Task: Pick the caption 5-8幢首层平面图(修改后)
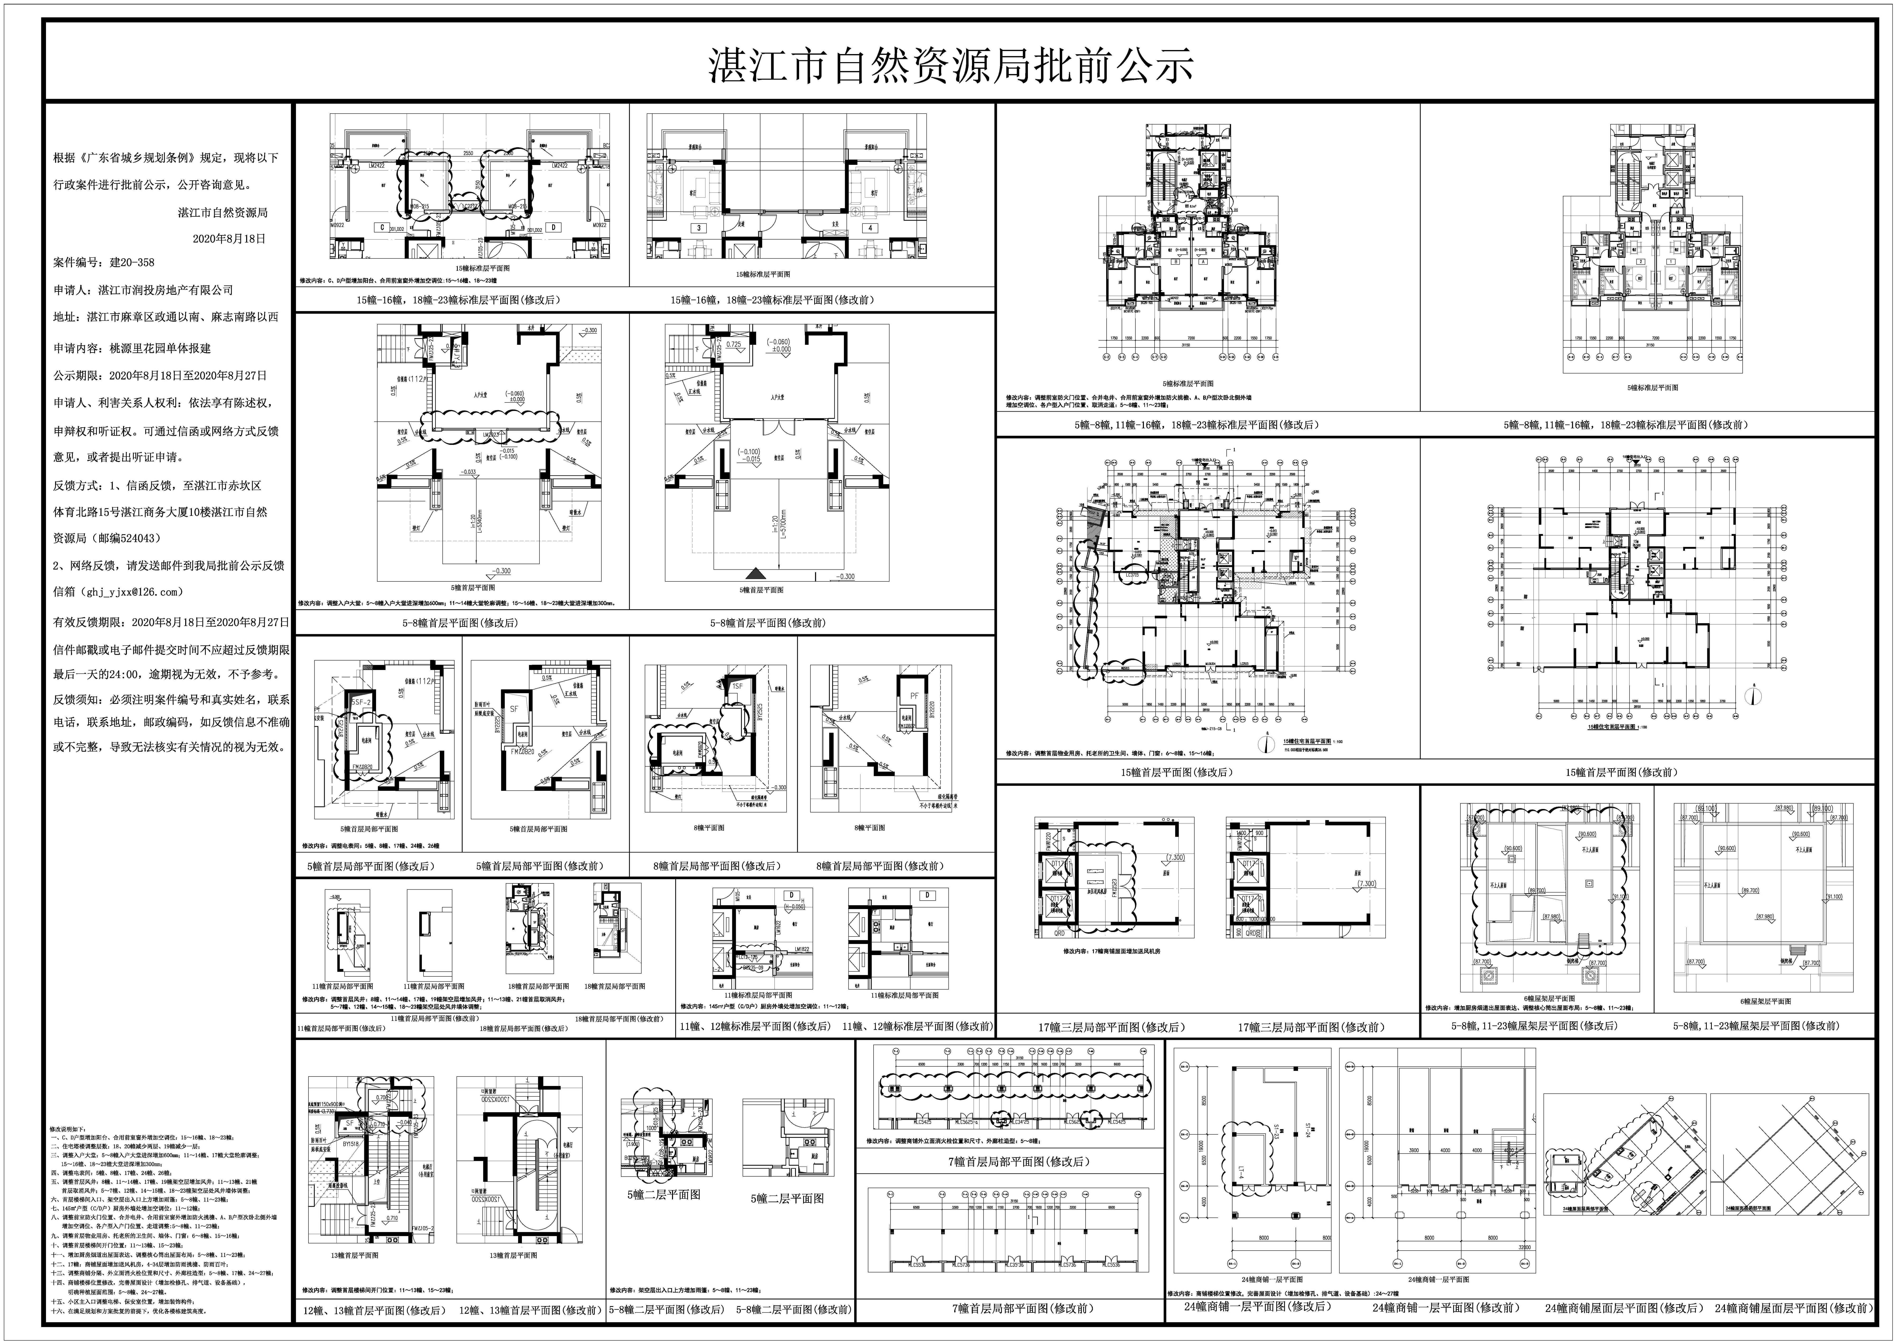459,622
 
